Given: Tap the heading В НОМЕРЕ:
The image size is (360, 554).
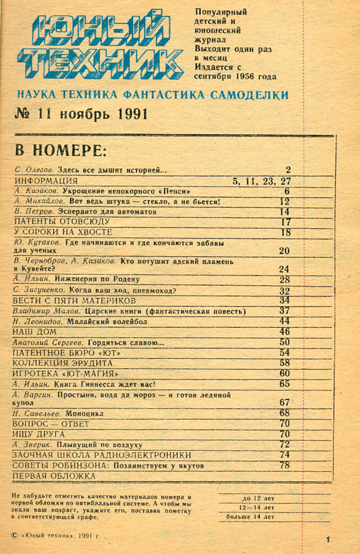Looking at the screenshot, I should (x=60, y=151).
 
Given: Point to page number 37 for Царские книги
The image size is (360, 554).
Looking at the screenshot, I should (x=284, y=311).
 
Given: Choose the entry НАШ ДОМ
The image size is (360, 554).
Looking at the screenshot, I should (x=35, y=332).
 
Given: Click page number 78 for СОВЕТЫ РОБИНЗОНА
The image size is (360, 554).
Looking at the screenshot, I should (x=284, y=465).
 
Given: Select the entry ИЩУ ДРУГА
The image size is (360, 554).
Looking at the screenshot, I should (x=39, y=434).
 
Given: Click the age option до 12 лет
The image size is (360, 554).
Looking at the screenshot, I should (x=258, y=498).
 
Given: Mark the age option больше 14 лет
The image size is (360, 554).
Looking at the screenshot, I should (x=250, y=517).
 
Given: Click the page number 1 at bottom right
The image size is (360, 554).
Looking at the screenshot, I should (x=328, y=539).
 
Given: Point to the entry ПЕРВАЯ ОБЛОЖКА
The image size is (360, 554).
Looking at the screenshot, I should (x=54, y=476).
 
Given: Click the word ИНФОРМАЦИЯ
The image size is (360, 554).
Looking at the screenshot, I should (x=46, y=181).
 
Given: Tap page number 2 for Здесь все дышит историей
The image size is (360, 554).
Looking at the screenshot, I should (x=288, y=170).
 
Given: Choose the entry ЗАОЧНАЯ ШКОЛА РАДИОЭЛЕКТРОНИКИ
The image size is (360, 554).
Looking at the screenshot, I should (x=102, y=455).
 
